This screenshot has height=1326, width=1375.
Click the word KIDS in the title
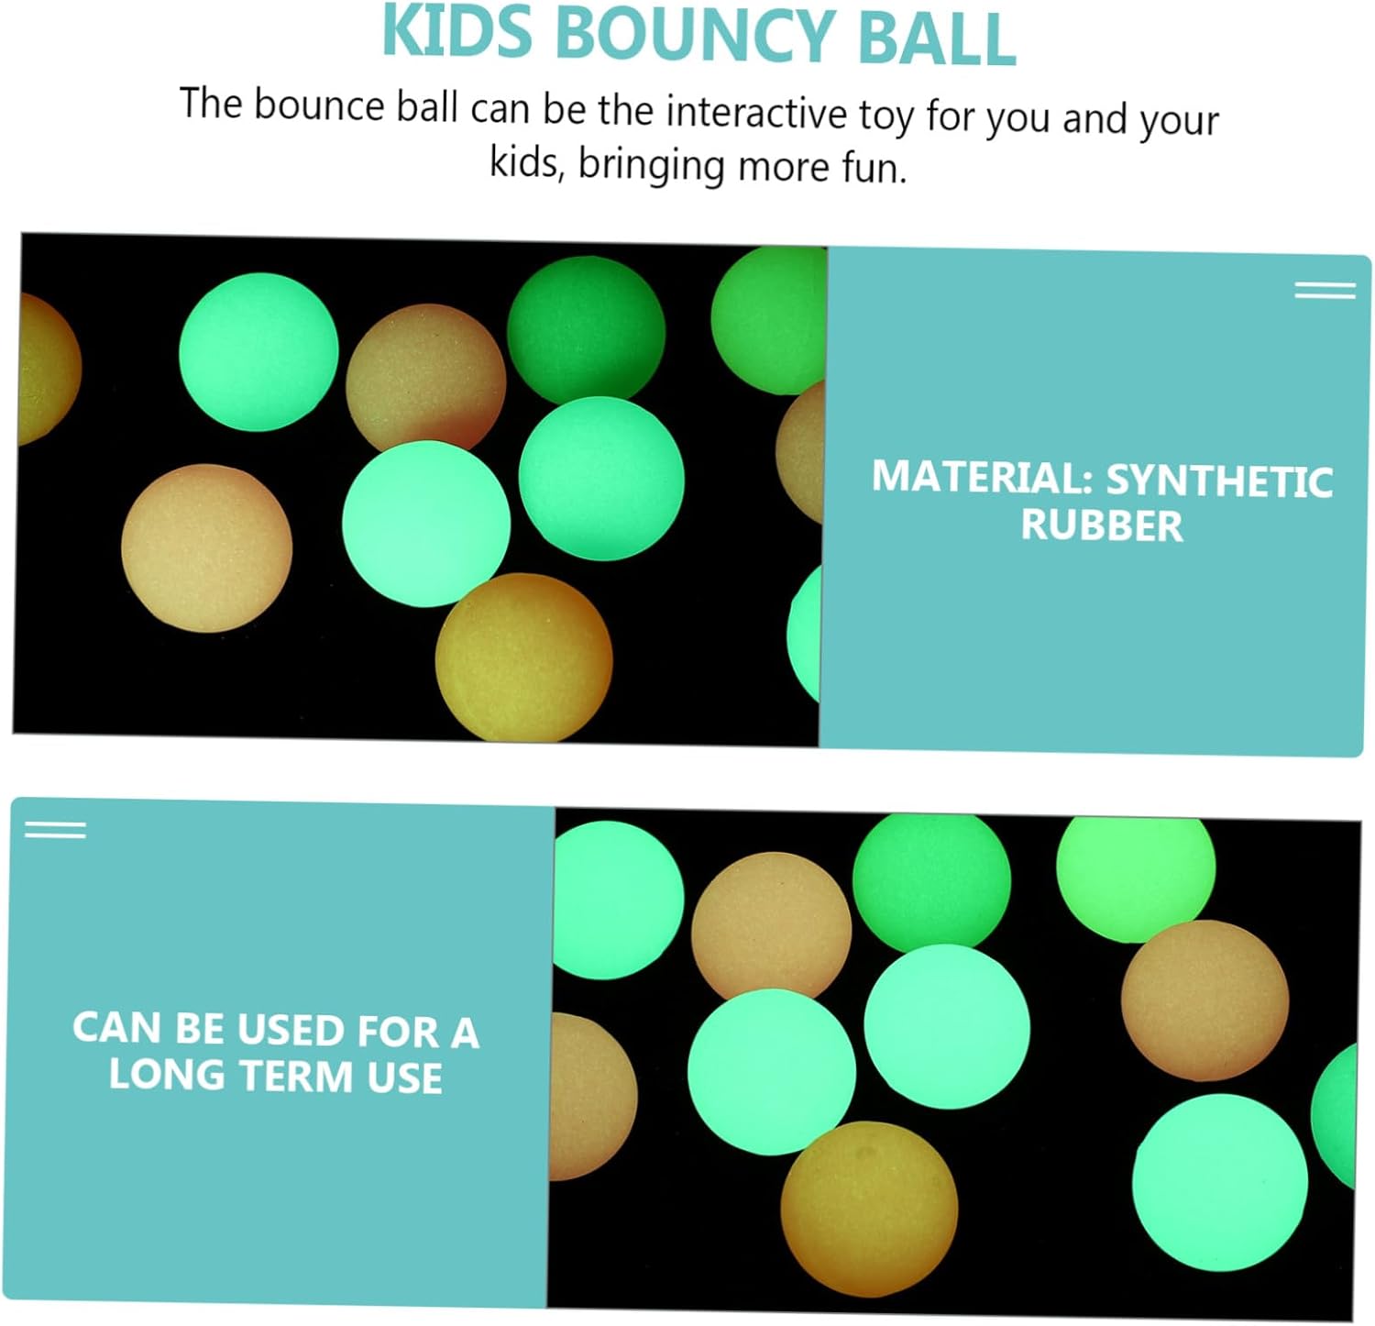[456, 32]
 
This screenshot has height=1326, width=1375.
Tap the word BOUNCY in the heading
[693, 34]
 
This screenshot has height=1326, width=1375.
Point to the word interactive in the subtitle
[756, 112]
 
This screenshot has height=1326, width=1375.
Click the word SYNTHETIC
[1219, 481]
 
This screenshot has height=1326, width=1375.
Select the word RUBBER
[1102, 525]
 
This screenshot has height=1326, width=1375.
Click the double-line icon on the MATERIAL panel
[1325, 291]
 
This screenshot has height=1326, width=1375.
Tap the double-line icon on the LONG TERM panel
[55, 830]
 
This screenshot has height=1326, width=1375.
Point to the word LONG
[167, 1074]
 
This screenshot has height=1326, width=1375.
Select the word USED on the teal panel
[289, 1030]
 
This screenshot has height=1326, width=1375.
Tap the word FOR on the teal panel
[399, 1032]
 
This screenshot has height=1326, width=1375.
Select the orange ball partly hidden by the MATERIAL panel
[800, 452]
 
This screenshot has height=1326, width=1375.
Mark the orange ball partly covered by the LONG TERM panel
[593, 1097]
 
